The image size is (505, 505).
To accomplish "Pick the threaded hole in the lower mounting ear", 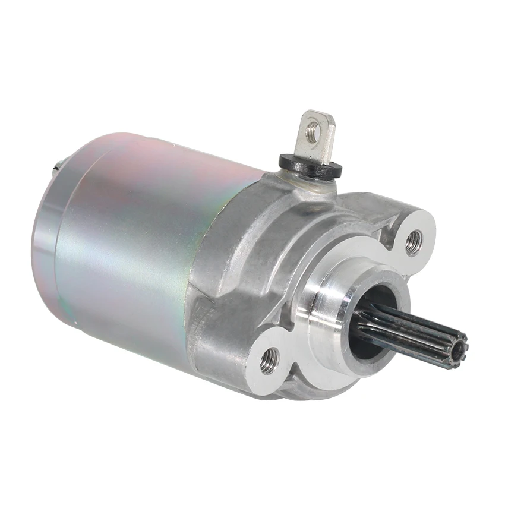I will [270, 359].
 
